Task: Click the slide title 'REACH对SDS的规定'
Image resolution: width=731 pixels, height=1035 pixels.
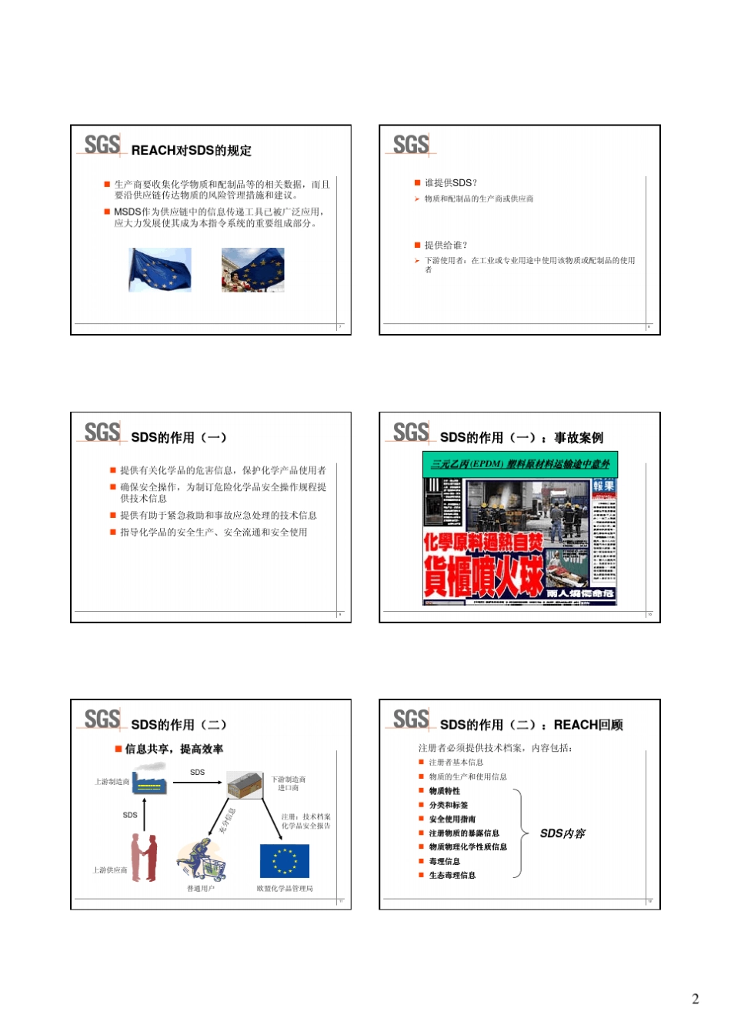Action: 191,150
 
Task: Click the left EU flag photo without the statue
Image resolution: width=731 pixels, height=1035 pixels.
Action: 160,269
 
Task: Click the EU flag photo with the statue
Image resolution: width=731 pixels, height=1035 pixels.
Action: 252,269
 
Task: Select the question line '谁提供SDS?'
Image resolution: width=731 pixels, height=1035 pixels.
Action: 450,183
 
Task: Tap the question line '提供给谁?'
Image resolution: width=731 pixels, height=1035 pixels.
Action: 446,245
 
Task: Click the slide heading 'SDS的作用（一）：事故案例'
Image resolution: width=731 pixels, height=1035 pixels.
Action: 521,437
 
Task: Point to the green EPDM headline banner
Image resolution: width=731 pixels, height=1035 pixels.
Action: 520,463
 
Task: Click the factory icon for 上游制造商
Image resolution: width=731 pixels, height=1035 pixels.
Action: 149,781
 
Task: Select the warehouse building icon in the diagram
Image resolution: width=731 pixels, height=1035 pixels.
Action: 245,784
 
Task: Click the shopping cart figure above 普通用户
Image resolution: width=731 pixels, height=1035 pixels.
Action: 202,860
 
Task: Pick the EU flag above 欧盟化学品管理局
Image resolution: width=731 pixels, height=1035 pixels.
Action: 284,861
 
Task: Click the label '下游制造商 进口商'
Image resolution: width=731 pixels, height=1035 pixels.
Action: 289,783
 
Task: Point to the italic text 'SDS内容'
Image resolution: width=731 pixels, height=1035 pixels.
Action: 562,833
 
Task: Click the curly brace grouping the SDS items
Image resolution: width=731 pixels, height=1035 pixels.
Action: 520,833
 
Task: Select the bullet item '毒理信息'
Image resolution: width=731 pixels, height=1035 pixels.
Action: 444,861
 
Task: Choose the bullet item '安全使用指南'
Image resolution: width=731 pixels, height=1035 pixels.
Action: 452,819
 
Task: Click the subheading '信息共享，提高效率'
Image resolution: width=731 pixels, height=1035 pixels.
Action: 174,749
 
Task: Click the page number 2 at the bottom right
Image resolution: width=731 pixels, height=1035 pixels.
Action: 695,999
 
